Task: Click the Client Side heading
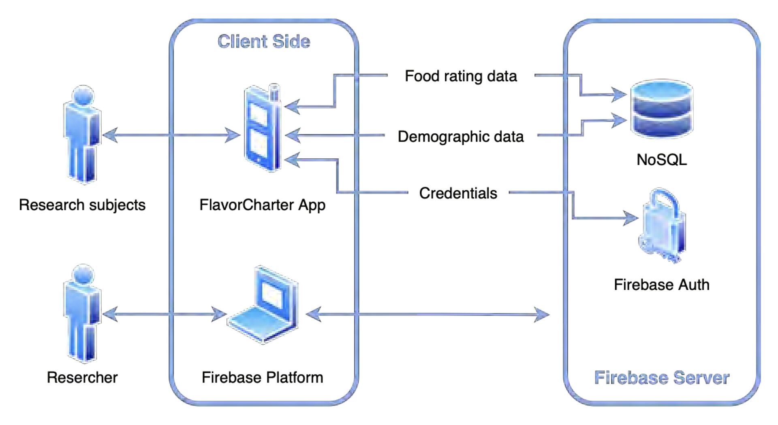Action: coord(264,42)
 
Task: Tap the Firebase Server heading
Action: coord(661,378)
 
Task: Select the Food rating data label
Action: coord(461,76)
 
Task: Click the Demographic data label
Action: coord(461,137)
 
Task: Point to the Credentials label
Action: coord(458,193)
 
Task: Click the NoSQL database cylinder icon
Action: coord(662,108)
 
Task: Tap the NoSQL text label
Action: coord(662,160)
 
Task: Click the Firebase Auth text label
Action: coord(661,285)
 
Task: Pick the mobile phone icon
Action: coord(263,130)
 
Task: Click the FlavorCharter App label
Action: coord(262,205)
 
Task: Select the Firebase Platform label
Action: coord(262,378)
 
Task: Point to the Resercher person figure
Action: coord(83,314)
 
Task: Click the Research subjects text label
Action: coord(82,205)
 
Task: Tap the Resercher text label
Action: coord(82,378)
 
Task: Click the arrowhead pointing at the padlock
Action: coord(631,218)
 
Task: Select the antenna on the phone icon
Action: coord(274,92)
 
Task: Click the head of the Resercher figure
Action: coord(83,276)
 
